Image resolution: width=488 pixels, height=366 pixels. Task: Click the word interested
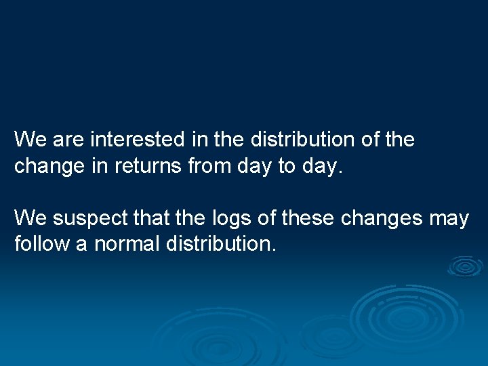pyautogui.click(x=137, y=140)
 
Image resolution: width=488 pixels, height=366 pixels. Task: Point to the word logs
pyautogui.click(x=230, y=218)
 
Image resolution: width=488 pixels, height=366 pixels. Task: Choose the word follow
pyautogui.click(x=42, y=244)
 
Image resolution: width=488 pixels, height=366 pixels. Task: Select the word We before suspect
pyautogui.click(x=29, y=218)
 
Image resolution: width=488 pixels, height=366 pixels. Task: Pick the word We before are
pyautogui.click(x=29, y=140)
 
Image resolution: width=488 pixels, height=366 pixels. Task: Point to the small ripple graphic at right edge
pyautogui.click(x=465, y=266)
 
